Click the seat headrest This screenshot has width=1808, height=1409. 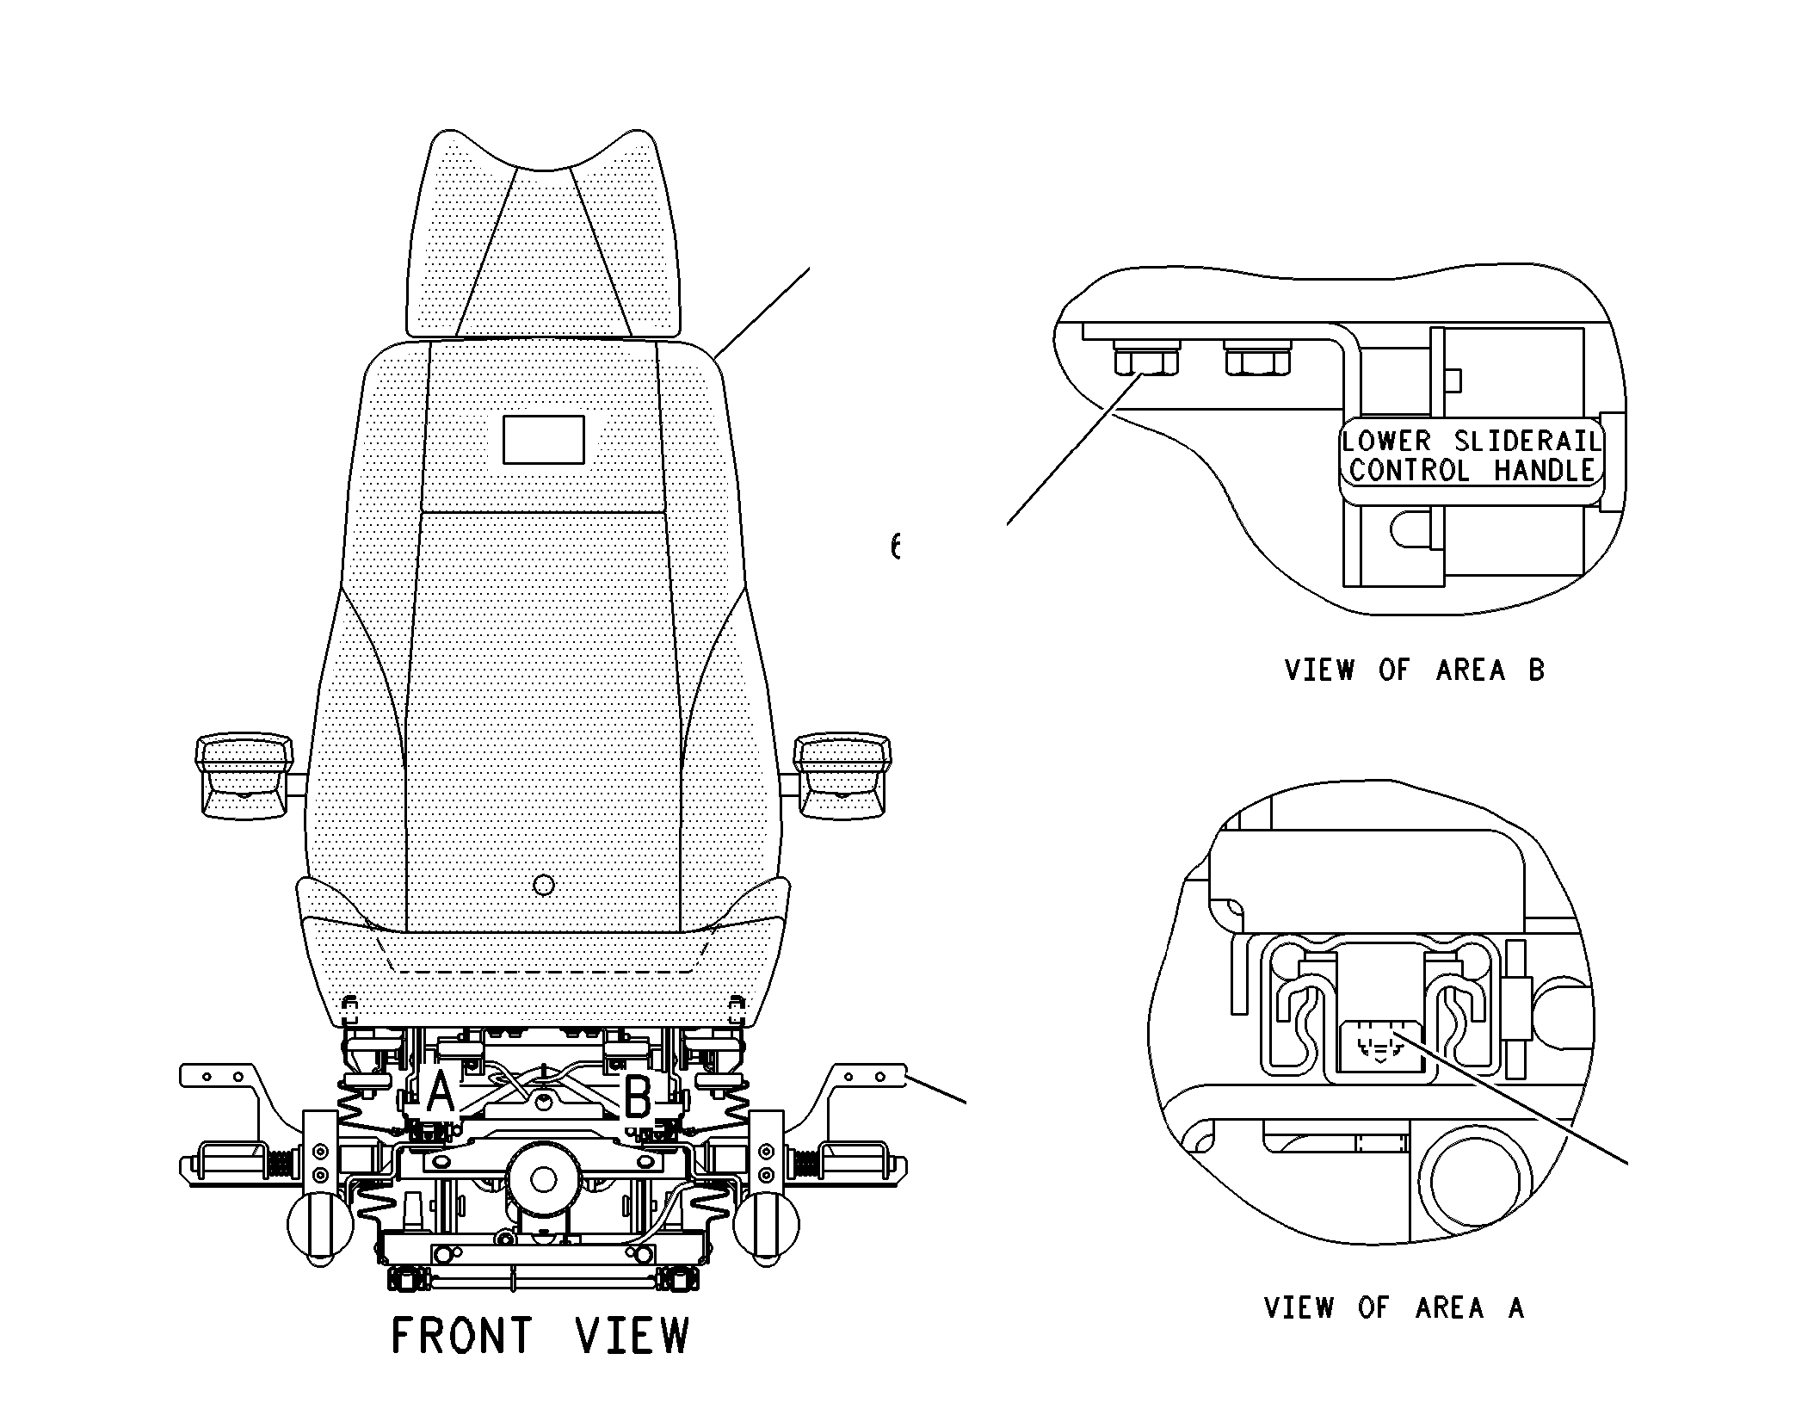(544, 241)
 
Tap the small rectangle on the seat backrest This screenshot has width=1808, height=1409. (543, 440)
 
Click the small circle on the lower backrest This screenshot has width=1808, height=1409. (544, 884)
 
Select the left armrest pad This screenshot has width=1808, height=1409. (244, 775)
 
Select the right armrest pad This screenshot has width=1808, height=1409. (842, 775)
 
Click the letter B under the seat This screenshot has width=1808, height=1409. (637, 1098)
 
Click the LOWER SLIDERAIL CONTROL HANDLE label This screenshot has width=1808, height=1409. (1472, 456)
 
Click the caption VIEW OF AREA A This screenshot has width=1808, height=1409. (1394, 1308)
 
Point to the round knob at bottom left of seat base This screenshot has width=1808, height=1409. (319, 1227)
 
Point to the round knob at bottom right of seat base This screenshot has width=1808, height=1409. (768, 1227)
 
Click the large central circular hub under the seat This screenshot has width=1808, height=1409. (543, 1179)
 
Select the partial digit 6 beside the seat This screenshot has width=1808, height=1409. (896, 546)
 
